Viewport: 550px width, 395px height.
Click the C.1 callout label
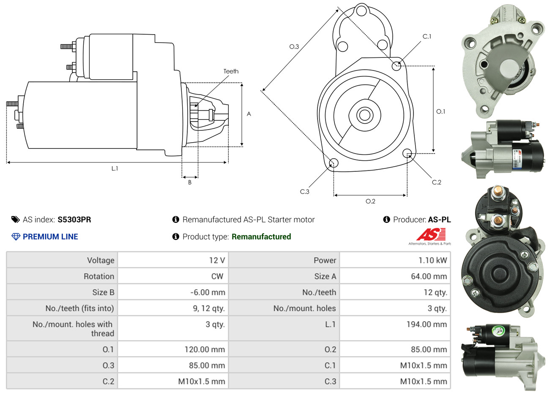427,37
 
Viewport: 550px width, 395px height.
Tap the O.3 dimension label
294,46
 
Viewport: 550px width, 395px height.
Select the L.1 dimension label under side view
115,168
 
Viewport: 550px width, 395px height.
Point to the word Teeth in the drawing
231,71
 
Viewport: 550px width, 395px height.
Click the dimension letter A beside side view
249,114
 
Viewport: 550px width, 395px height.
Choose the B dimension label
190,182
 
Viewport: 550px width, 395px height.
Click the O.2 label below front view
370,201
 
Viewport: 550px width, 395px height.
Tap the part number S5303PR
74,219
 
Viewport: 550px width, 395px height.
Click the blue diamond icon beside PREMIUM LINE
16,237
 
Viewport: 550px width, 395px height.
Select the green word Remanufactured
261,237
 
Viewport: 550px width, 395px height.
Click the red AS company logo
430,235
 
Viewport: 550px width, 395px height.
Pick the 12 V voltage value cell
217,260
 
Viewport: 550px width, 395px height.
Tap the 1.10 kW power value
432,260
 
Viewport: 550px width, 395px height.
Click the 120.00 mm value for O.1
205,349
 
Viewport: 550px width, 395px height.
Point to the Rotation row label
99,276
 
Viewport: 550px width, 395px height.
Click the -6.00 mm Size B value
208,292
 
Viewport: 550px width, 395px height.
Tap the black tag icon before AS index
16,219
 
